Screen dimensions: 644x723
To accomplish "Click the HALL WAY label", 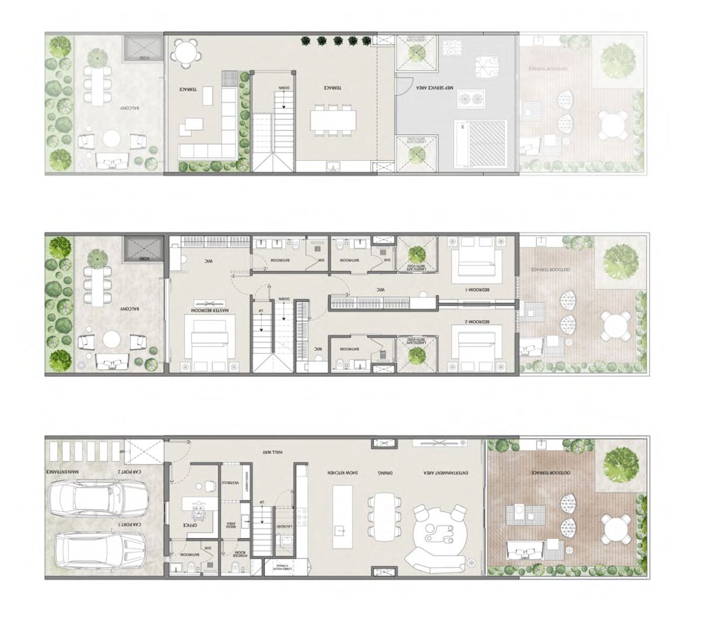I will tap(273, 452).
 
